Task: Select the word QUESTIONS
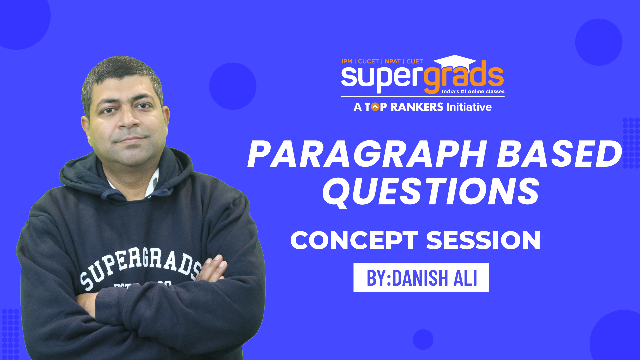(x=431, y=191)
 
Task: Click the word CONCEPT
(x=354, y=240)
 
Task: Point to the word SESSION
(x=483, y=240)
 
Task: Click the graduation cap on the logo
(x=455, y=62)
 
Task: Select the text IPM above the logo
(x=347, y=61)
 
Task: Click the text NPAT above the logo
(x=392, y=61)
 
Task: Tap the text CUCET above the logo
(x=368, y=61)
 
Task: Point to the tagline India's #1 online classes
(x=473, y=92)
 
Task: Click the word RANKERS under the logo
(x=417, y=107)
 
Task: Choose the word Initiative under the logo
(x=469, y=107)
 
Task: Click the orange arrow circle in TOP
(x=375, y=107)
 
